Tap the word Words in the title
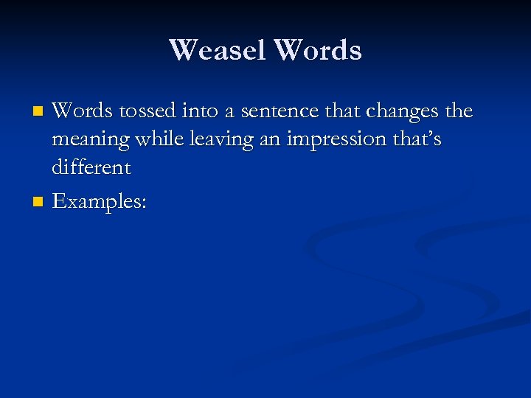(318, 50)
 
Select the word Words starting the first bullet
(81, 111)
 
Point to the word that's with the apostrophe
(416, 139)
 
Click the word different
(91, 167)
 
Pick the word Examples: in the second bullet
(100, 201)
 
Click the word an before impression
(270, 139)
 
